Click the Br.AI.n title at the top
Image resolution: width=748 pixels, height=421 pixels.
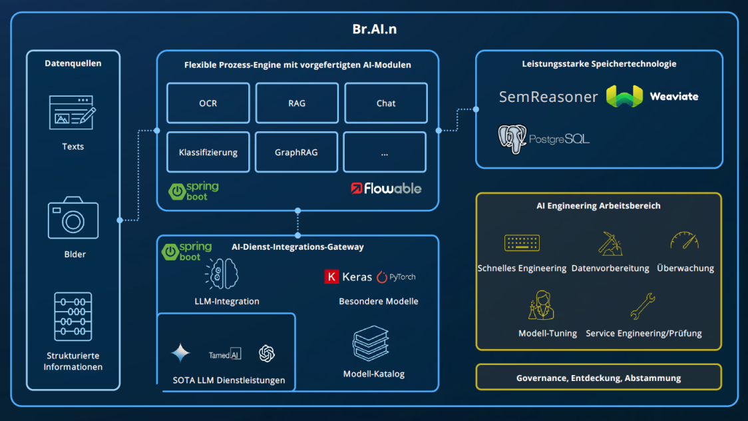[374, 29]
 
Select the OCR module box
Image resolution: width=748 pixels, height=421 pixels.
[208, 103]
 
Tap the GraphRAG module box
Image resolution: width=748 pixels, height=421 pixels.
[296, 152]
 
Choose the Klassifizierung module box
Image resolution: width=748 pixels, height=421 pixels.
[208, 152]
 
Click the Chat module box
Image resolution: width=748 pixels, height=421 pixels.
[385, 103]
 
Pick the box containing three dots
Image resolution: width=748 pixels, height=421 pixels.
[385, 152]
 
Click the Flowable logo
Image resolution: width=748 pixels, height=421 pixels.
[387, 189]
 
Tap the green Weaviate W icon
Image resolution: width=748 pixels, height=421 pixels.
[624, 97]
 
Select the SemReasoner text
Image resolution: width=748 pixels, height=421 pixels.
[548, 97]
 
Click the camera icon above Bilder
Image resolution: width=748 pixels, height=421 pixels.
[73, 218]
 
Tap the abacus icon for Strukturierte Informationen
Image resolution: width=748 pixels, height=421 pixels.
[73, 316]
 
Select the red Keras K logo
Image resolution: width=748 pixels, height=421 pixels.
[331, 276]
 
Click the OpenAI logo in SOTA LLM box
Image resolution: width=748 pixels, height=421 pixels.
[267, 354]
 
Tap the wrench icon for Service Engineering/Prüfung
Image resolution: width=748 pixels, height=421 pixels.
[643, 306]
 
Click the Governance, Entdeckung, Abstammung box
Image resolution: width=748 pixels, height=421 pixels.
[598, 377]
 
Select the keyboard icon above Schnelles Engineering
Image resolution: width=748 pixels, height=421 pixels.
[522, 243]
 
